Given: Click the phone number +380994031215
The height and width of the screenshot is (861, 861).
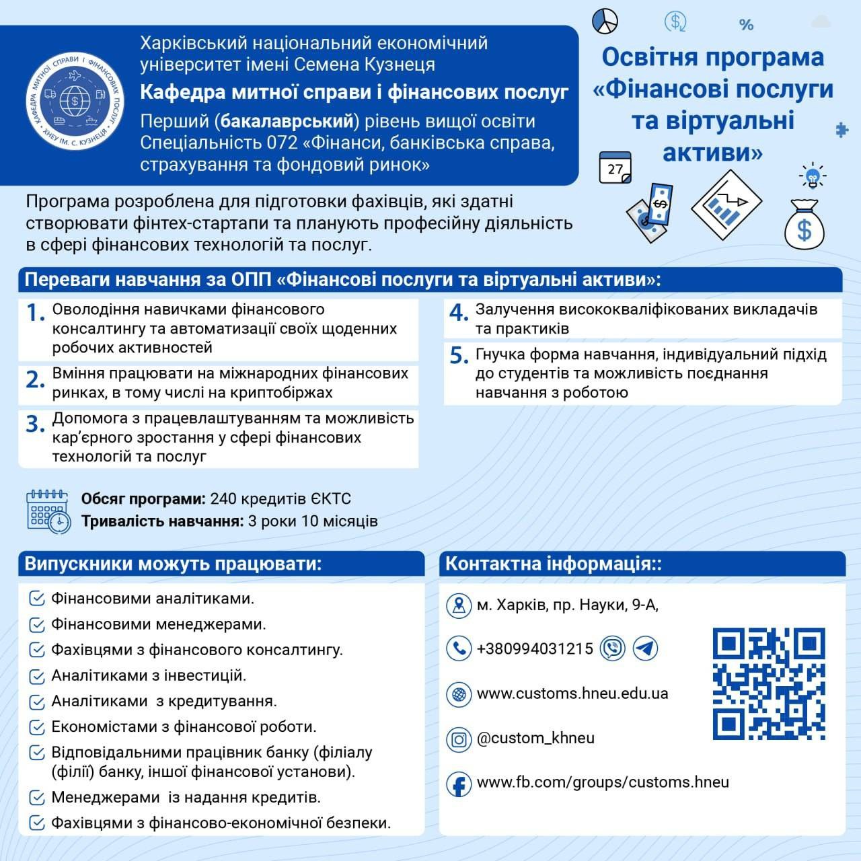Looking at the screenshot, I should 535,648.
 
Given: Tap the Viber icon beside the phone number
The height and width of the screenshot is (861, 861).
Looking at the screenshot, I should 613,648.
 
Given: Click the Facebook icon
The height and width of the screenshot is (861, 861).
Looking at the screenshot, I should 459,784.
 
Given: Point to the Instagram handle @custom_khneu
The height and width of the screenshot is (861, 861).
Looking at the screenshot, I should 535,738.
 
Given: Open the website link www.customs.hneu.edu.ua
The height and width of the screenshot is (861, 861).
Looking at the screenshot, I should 572,694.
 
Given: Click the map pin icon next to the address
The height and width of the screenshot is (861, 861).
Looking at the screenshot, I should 459,605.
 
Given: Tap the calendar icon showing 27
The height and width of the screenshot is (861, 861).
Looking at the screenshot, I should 615,167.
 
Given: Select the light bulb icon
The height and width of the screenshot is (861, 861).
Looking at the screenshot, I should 813,176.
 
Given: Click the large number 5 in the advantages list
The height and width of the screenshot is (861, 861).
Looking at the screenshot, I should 459,356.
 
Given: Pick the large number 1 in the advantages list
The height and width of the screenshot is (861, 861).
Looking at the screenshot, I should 35,312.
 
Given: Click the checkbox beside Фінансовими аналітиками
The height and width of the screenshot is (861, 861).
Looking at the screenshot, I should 38,599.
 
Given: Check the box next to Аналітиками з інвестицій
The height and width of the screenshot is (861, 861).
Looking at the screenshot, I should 38,676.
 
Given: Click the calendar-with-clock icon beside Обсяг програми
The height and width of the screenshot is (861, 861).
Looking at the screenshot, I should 48,511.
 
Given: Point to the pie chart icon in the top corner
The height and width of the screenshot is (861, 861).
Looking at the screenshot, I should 605,21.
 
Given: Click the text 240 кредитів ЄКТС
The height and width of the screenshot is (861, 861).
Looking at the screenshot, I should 280,499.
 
